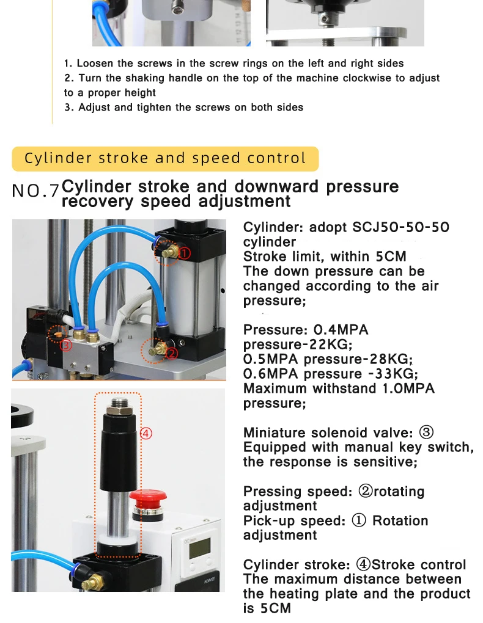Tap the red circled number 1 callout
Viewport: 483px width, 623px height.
point(185,253)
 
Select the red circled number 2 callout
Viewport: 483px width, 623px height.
point(171,353)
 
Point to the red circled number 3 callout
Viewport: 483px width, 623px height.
point(66,345)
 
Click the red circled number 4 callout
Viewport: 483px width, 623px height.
point(146,433)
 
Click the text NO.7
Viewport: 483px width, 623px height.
point(35,191)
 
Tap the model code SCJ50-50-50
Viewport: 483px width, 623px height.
point(400,227)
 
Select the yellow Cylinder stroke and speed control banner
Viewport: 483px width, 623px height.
point(165,159)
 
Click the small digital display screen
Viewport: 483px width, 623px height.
point(200,548)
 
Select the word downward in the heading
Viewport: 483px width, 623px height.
point(276,187)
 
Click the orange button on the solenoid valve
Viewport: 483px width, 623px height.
point(57,334)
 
